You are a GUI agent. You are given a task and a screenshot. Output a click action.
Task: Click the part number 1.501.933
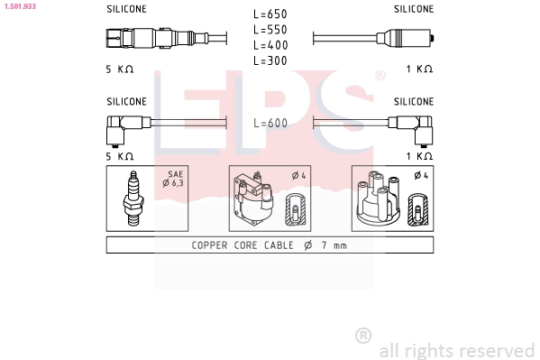point(20,6)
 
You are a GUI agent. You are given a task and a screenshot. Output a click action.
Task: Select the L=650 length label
point(270,14)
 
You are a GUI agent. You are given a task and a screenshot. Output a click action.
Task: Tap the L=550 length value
point(270,30)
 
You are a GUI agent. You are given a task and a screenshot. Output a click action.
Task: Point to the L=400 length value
point(270,45)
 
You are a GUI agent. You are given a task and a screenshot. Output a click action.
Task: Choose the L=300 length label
point(270,60)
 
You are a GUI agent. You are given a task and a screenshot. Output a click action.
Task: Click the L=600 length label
point(270,123)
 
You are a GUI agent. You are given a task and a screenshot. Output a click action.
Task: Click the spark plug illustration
point(133,198)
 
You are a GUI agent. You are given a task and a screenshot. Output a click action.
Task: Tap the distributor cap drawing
point(379,198)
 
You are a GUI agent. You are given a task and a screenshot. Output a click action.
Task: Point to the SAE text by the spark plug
point(175,174)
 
